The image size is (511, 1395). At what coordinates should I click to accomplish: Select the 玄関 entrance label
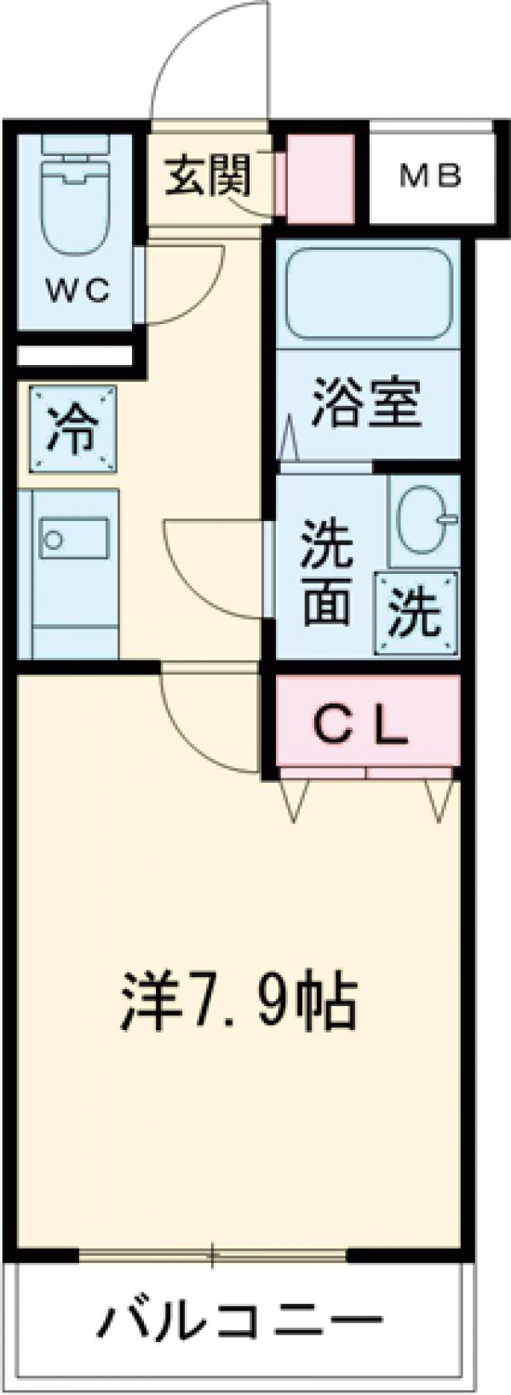(x=208, y=177)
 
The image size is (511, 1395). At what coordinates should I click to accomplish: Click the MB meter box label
(x=431, y=177)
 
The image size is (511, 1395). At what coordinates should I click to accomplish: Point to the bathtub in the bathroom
(x=368, y=295)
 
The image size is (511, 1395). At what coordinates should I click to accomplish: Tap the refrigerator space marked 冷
(x=72, y=428)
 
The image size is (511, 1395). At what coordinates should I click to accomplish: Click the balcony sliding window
(x=213, y=1255)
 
